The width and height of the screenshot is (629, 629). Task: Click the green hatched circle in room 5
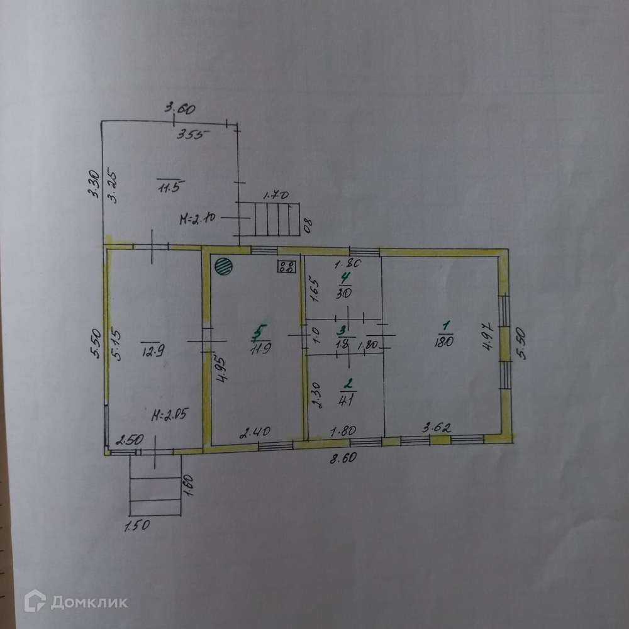[x=223, y=266]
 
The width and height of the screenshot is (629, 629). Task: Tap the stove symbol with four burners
[x=287, y=267]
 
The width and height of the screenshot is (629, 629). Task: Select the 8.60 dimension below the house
[x=343, y=458]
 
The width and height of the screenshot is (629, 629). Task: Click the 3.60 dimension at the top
[x=180, y=108]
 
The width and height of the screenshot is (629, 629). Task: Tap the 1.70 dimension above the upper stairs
[x=276, y=196]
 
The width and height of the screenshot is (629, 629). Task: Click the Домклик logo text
[x=89, y=602]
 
